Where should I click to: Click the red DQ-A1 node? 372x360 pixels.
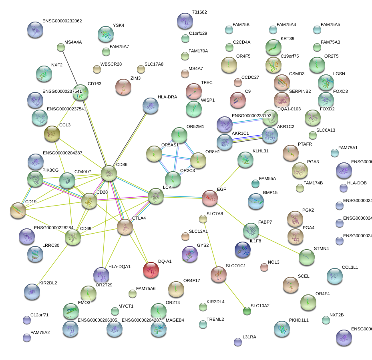(151, 270)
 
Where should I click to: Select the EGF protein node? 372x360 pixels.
(210, 198)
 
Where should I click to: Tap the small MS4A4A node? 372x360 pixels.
(61, 48)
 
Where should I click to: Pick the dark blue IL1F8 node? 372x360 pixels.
(243, 250)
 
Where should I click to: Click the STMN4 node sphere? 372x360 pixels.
(306, 258)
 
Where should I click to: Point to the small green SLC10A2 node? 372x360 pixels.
(247, 310)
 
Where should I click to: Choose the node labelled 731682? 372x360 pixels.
(185, 21)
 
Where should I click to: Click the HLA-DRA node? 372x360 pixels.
(150, 106)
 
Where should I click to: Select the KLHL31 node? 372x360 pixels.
(245, 160)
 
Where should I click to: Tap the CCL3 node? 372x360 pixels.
(52, 134)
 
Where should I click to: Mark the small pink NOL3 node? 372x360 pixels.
(264, 267)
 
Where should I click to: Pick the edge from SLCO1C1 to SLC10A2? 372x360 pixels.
(233, 293)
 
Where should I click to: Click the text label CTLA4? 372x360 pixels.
(139, 218)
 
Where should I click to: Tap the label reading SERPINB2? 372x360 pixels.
(300, 91)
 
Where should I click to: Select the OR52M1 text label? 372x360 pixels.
(195, 127)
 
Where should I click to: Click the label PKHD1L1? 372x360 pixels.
(299, 320)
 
